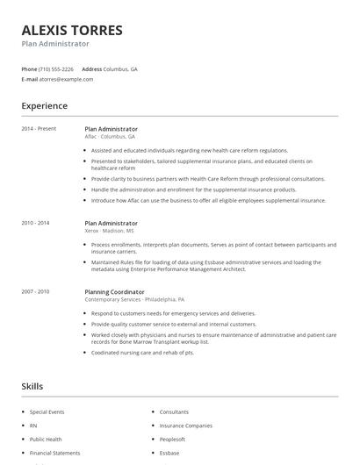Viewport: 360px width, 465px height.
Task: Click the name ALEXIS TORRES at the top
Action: click(72, 30)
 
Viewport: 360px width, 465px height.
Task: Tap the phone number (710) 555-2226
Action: click(56, 68)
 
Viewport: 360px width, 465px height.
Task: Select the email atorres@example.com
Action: click(66, 79)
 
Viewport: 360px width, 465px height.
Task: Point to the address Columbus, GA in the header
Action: click(120, 68)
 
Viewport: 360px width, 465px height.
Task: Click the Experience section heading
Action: click(44, 106)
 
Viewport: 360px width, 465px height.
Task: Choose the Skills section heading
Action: click(32, 386)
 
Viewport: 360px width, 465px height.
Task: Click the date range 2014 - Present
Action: click(39, 129)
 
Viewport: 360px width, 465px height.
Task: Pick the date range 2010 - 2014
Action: click(36, 223)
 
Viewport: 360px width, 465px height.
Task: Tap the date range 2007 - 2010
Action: click(36, 290)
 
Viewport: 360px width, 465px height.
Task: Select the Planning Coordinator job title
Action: click(116, 290)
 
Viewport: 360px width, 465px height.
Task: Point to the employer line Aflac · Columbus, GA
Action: click(110, 137)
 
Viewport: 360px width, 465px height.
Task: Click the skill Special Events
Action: click(47, 411)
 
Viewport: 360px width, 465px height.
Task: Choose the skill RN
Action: click(32, 426)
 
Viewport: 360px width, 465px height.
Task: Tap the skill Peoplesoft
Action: click(173, 439)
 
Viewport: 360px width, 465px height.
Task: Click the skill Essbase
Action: click(169, 453)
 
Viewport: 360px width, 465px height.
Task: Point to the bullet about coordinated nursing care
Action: click(142, 353)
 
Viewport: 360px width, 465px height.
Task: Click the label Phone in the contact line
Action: click(29, 68)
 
